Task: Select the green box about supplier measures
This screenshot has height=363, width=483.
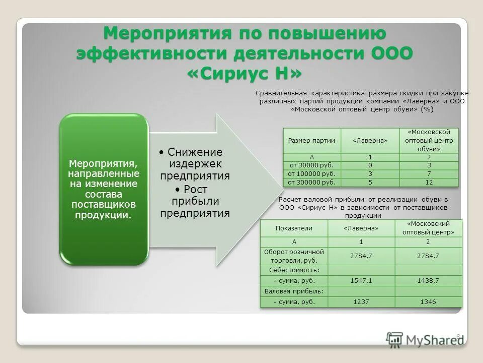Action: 104,189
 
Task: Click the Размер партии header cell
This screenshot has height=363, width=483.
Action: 311,141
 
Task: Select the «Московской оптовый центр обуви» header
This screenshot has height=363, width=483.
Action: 429,141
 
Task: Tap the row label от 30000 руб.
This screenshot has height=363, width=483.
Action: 311,165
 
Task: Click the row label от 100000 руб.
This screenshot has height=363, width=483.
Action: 311,173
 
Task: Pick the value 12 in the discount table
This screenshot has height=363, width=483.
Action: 429,182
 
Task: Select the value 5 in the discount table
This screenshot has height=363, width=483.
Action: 370,182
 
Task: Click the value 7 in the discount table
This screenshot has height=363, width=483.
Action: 429,173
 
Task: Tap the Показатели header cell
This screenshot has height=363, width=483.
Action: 294,228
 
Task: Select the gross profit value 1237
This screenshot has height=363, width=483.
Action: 361,301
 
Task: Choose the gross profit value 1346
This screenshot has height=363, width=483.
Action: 428,301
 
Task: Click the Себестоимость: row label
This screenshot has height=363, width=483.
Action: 294,270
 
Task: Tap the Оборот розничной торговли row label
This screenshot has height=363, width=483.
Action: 294,256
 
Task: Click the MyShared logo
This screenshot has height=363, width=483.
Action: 426,340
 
